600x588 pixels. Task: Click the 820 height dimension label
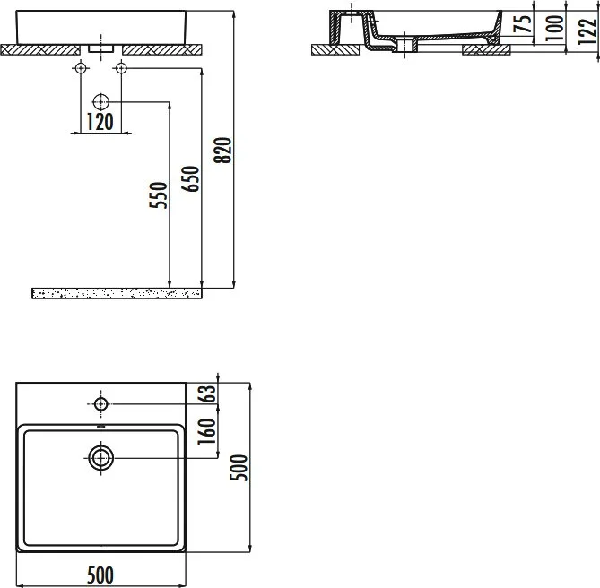pos(223,151)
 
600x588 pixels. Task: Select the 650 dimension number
pos(190,178)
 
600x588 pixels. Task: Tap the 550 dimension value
pos(159,195)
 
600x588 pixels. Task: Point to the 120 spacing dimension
pos(100,122)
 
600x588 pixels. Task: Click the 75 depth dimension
pos(523,22)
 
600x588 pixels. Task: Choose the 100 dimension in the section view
pos(554,28)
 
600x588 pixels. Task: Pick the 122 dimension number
pos(587,31)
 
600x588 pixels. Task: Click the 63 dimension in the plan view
pos(206,393)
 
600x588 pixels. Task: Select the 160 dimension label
pos(206,431)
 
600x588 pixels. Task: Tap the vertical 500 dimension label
pos(239,467)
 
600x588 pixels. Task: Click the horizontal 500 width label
pos(100,575)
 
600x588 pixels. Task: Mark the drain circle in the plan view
pos(101,458)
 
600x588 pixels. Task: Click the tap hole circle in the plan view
pos(101,403)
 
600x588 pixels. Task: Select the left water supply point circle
pos(81,68)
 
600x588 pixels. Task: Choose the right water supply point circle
pos(121,68)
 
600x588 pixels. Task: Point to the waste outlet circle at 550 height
pos(101,102)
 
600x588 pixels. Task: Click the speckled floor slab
pos(117,293)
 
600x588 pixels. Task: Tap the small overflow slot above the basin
pos(100,427)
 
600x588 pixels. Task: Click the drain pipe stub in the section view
pos(405,46)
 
